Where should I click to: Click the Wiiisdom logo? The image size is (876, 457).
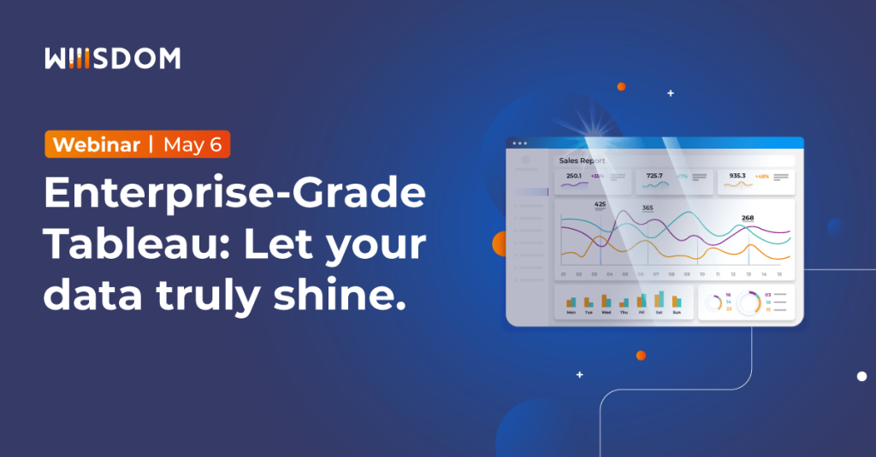coord(112,58)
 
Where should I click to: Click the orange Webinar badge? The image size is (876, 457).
coord(96,144)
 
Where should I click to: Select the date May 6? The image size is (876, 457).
coord(192,144)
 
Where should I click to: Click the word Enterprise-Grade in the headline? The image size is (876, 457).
coord(234,195)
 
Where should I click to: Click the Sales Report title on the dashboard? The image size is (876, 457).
coord(582,161)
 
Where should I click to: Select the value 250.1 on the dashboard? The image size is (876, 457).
coord(573,176)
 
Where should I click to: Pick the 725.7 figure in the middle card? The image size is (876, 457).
coord(654,176)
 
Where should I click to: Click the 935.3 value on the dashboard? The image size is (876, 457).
coord(737,176)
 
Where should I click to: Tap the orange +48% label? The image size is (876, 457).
coord(761,176)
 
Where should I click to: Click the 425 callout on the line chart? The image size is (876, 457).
coord(600,204)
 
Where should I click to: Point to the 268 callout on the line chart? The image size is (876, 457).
coord(748,218)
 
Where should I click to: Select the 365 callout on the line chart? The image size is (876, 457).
coord(648,208)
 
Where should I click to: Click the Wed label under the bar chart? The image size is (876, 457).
coord(607,313)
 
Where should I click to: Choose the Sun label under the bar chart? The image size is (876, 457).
coord(677,313)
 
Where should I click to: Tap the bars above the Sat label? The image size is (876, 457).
coord(660,299)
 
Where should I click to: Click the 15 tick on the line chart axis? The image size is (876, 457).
coord(778,274)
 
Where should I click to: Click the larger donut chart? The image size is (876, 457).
coord(749,303)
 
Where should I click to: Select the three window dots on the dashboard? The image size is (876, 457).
coord(518,143)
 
